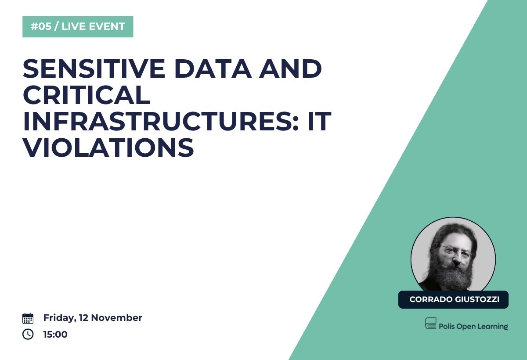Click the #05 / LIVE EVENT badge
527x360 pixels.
(78, 27)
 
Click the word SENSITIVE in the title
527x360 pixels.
(94, 68)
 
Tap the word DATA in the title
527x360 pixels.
(213, 68)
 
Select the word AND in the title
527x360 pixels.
(290, 68)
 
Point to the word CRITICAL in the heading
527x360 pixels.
(87, 95)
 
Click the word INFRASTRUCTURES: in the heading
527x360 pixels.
(161, 121)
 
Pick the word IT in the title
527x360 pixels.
(319, 121)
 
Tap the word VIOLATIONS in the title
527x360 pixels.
(108, 148)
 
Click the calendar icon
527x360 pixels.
(28, 318)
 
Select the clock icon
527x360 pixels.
(28, 334)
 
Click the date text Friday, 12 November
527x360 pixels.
(93, 318)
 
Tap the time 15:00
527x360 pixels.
(55, 334)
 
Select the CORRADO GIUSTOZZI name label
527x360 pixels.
(453, 299)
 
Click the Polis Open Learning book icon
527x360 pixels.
(430, 323)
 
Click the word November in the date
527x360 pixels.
(116, 318)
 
